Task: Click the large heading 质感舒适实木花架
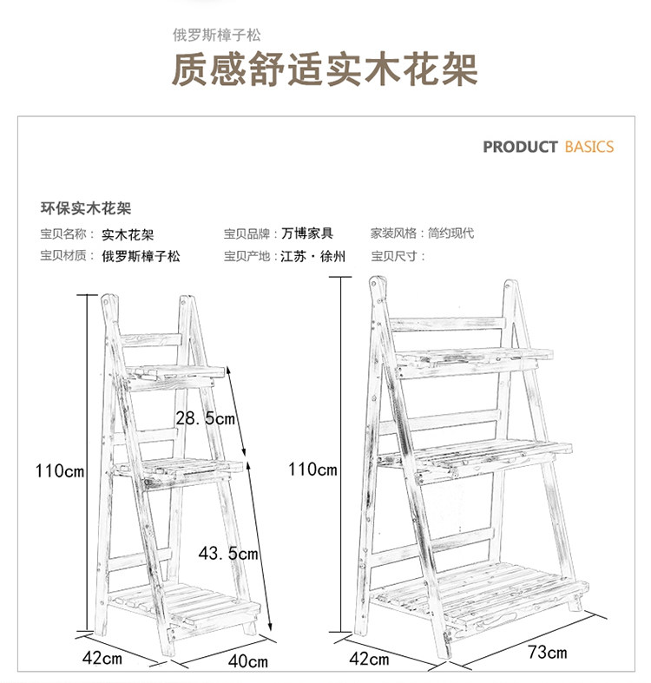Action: click(325, 70)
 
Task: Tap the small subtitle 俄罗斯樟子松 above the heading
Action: click(216, 36)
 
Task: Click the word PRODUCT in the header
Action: click(520, 147)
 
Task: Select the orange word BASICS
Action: click(589, 147)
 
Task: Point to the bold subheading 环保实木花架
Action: click(86, 208)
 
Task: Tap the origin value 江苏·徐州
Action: click(312, 256)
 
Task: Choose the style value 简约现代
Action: click(450, 233)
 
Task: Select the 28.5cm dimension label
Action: click(205, 418)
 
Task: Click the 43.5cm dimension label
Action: click(228, 553)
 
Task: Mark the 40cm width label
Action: click(248, 661)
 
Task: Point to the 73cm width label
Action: click(548, 652)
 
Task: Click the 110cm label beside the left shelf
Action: click(59, 471)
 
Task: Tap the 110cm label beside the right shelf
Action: click(312, 470)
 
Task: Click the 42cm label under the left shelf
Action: click(102, 659)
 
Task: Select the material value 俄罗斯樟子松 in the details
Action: click(141, 256)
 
